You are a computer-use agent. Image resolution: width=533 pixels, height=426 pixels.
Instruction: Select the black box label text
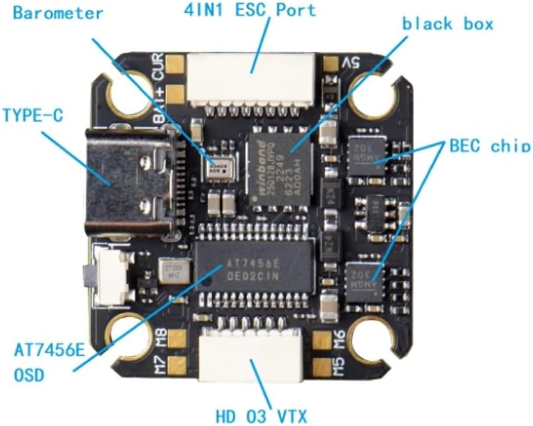pos(447,24)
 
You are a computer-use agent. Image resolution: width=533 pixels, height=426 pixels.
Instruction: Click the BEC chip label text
pos(490,145)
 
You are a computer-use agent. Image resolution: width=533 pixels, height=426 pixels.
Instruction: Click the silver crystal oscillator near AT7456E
pos(174,271)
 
